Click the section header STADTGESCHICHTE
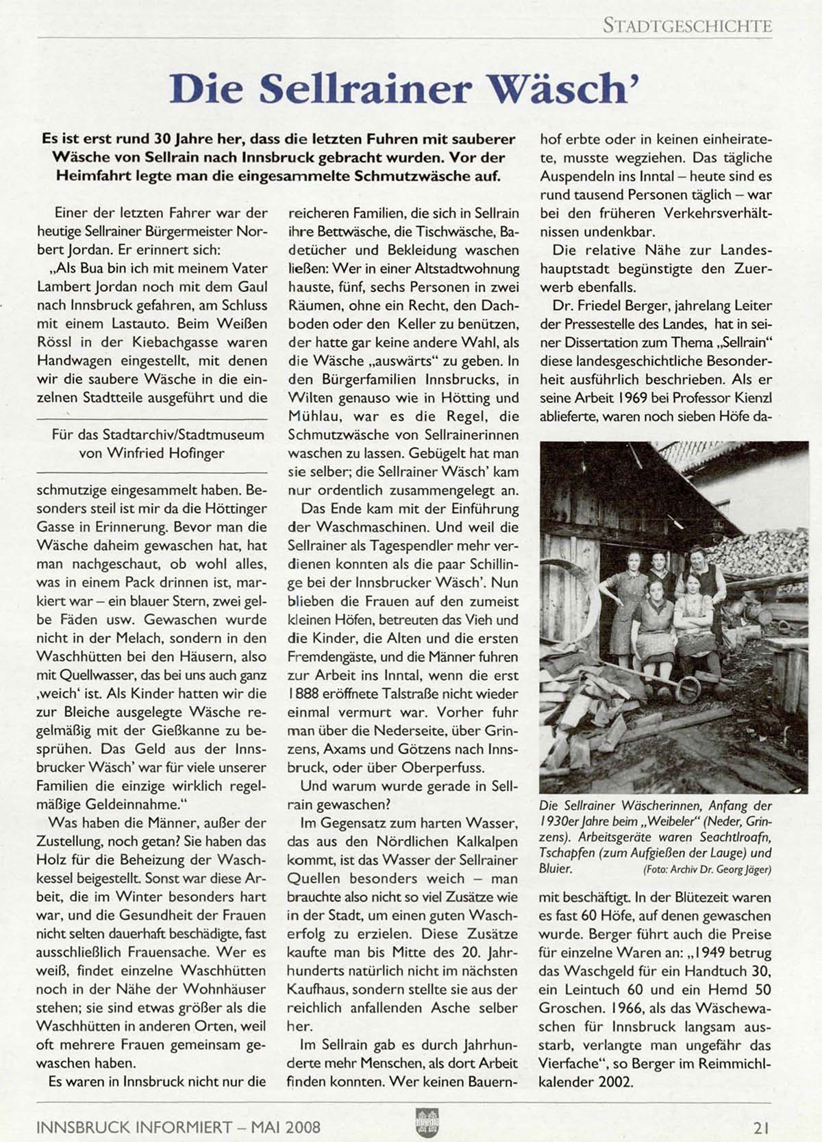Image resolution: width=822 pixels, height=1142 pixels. [687, 27]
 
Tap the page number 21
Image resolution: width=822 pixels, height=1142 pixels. [762, 1126]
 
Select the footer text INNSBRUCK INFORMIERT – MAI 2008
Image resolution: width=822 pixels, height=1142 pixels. [178, 1126]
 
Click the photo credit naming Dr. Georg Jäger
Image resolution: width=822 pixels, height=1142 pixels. [707, 870]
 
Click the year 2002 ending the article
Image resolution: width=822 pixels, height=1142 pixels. [616, 1082]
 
